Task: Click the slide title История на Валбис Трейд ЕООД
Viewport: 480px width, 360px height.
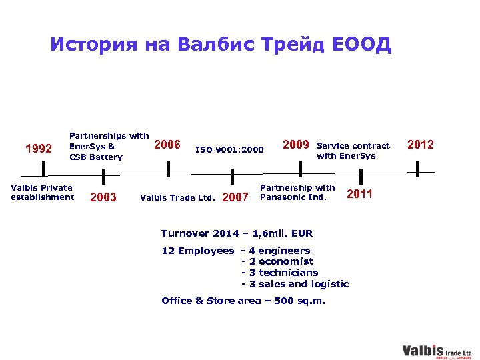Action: point(221,45)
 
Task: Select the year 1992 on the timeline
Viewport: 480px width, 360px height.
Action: point(38,148)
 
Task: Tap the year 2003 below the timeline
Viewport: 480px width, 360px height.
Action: point(103,197)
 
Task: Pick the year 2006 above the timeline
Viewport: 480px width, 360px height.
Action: point(167,145)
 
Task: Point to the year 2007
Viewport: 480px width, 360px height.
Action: point(234,197)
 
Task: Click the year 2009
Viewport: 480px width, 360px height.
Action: point(296,145)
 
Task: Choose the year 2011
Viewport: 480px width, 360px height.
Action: point(360,194)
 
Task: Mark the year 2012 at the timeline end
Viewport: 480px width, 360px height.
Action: point(420,145)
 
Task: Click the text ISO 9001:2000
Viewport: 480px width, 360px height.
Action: point(229,149)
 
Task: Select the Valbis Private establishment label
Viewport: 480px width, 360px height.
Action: point(42,192)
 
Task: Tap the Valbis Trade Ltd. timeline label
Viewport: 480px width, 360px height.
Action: point(177,197)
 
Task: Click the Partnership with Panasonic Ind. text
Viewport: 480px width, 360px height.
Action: point(297,192)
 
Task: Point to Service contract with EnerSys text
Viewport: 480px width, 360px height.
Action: point(353,151)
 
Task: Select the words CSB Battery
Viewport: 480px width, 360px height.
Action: point(96,157)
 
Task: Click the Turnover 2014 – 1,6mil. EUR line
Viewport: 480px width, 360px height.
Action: point(237,233)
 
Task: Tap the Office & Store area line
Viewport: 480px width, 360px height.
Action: point(244,301)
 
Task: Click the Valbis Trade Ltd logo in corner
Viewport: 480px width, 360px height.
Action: point(437,351)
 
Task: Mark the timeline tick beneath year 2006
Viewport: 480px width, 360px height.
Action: point(168,169)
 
